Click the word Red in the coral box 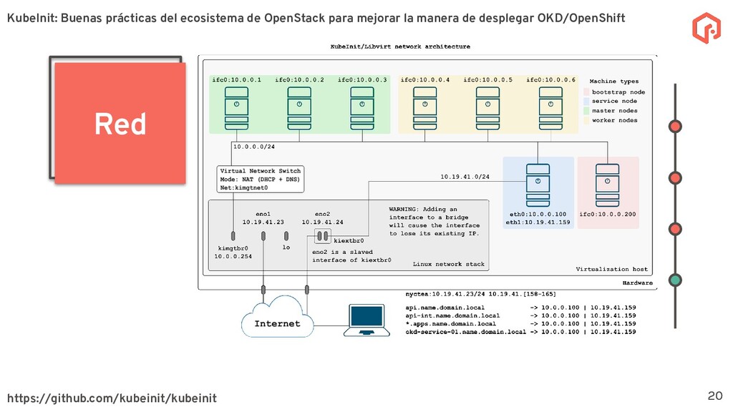(x=120, y=124)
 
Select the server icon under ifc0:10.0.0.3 (x=361, y=107)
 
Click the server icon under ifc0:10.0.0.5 (x=487, y=107)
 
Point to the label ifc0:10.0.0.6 (x=550, y=80)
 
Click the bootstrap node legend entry (x=618, y=92)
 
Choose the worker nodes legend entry (x=614, y=120)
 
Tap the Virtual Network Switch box (x=261, y=180)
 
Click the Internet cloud (x=276, y=321)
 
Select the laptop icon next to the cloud (x=366, y=320)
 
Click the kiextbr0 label (x=349, y=241)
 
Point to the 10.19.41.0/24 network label (x=465, y=175)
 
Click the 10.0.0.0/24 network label (x=253, y=147)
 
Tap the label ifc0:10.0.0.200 (x=608, y=214)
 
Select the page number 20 (x=714, y=396)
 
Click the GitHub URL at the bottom (x=112, y=397)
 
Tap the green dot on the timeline (x=675, y=280)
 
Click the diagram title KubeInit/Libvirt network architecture (x=400, y=46)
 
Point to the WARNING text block (x=434, y=221)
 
